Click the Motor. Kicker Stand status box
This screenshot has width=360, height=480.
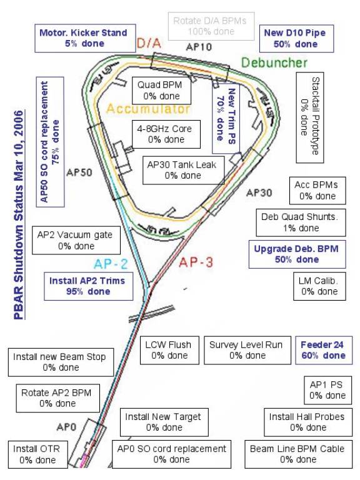click(85, 38)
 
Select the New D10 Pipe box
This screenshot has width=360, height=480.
click(296, 39)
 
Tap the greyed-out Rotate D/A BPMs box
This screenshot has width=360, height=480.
click(211, 26)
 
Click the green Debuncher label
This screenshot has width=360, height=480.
click(274, 62)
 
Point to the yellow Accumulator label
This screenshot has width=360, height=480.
click(148, 109)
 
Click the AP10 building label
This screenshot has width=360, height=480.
click(199, 47)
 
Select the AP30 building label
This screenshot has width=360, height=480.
click(259, 193)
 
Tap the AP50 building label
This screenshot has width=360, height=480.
click(79, 172)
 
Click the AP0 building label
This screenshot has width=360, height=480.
click(66, 427)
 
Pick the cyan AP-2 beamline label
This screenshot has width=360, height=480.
click(111, 264)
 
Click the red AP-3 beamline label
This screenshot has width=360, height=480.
click(196, 262)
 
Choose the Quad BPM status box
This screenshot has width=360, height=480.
click(162, 91)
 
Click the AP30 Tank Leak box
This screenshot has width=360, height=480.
click(183, 170)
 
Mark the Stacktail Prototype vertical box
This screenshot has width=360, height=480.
click(310, 117)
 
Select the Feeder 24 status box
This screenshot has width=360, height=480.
click(324, 350)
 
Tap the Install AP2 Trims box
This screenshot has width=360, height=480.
click(89, 286)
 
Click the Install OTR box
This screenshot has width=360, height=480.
click(38, 454)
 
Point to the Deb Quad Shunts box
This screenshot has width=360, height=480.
click(301, 222)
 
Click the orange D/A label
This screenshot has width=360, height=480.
click(149, 43)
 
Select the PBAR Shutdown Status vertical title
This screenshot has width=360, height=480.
click(19, 215)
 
